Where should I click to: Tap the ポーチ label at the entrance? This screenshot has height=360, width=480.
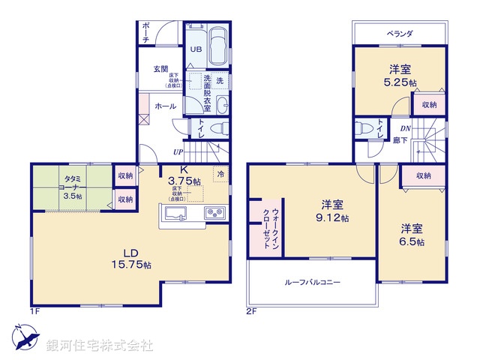pos(145,31)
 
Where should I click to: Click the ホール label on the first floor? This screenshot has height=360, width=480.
pos(165,106)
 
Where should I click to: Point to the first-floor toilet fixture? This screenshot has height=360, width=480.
pos(217,128)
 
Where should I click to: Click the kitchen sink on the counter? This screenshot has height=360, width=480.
pos(174,215)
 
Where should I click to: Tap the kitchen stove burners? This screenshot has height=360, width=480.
pos(214,214)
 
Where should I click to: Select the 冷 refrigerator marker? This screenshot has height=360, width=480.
pos(220,174)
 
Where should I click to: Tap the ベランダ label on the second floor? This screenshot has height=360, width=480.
pos(400,34)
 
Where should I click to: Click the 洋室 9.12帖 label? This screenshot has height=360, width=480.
pos(334,211)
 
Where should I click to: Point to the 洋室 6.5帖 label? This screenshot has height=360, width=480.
pos(412,234)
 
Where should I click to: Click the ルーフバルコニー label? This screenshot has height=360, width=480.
pos(312,283)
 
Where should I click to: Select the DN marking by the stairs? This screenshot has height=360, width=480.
pos(404,127)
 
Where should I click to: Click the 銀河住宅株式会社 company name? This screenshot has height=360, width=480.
pos(97,346)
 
